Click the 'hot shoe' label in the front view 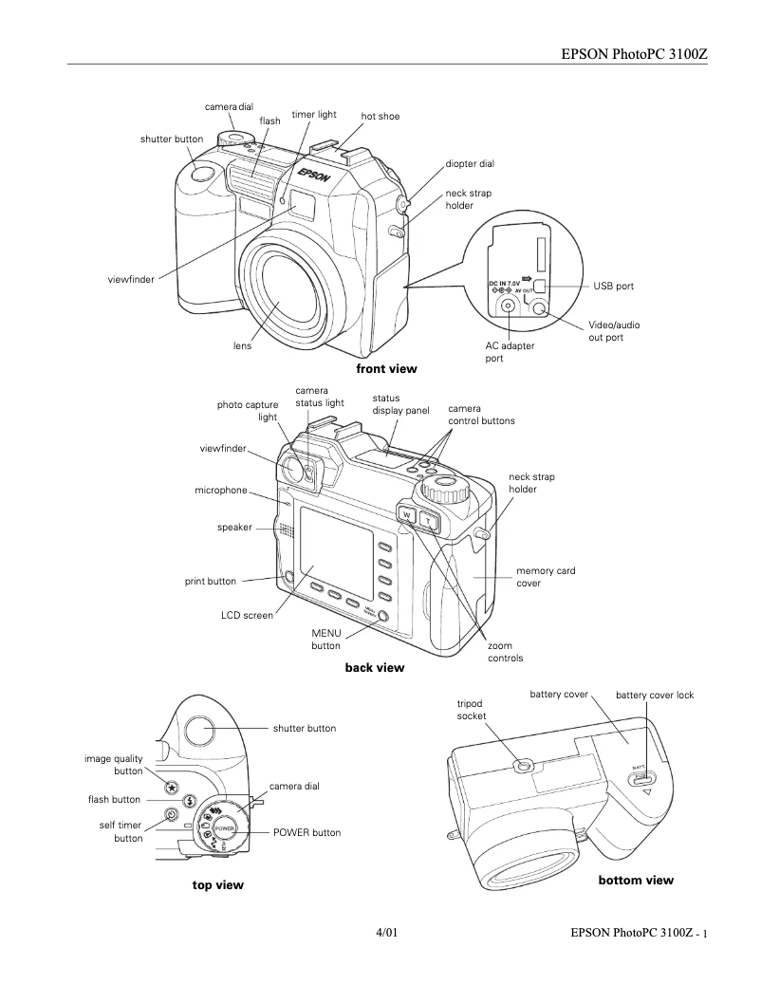[380, 117]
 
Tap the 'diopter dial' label [470, 163]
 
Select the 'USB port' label [613, 286]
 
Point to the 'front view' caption [386, 368]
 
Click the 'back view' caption [375, 668]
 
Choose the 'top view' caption [218, 885]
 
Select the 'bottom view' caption [636, 881]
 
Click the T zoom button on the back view [429, 520]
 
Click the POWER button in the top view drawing [224, 828]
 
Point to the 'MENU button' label [325, 640]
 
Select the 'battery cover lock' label [655, 696]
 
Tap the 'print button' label [211, 582]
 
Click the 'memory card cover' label [545, 577]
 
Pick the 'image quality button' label [114, 765]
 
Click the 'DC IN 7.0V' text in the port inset [505, 283]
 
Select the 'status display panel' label [399, 404]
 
